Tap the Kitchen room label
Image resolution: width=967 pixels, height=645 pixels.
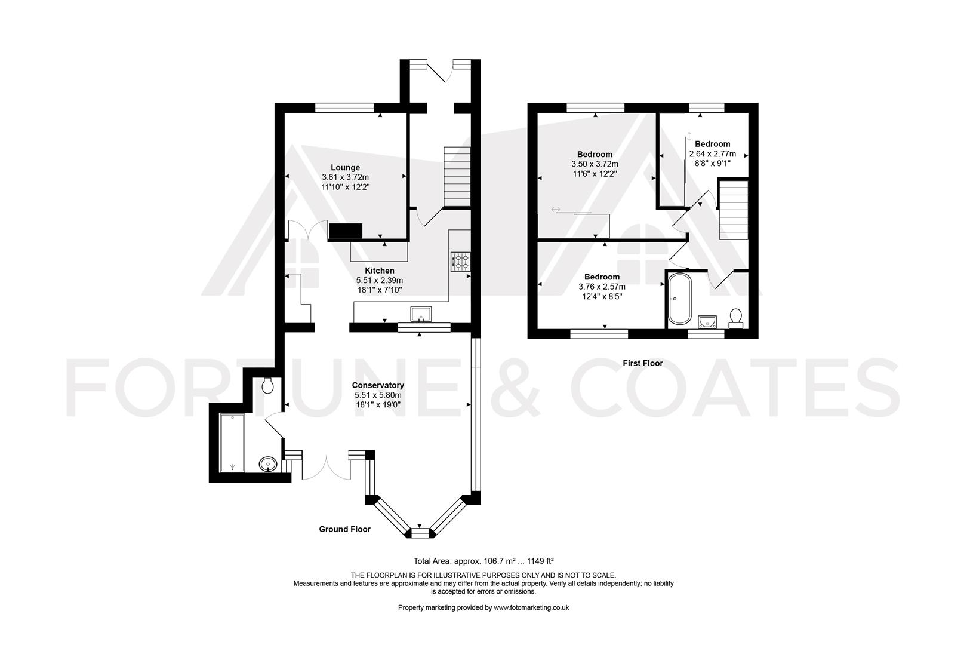(x=380, y=271)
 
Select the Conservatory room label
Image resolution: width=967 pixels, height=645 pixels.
(x=378, y=385)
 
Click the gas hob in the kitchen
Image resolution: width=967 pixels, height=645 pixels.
(x=460, y=262)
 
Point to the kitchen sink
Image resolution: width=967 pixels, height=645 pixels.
(x=421, y=314)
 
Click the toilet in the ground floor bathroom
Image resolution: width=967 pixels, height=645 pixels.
(x=267, y=386)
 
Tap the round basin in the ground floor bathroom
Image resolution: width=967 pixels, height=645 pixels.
(x=267, y=464)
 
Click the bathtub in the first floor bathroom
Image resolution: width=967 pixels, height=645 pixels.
(x=679, y=299)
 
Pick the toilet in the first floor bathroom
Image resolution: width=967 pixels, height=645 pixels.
(x=735, y=318)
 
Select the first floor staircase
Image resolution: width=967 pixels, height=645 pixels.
(x=733, y=210)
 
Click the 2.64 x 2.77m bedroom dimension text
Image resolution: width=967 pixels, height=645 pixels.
(x=713, y=153)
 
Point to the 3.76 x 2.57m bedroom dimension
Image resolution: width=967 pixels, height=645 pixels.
(x=602, y=286)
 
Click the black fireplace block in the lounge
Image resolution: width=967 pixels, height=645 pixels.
(x=346, y=231)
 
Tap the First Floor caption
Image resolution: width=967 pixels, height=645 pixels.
(x=643, y=363)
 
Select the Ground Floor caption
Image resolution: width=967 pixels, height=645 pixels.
(x=344, y=529)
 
